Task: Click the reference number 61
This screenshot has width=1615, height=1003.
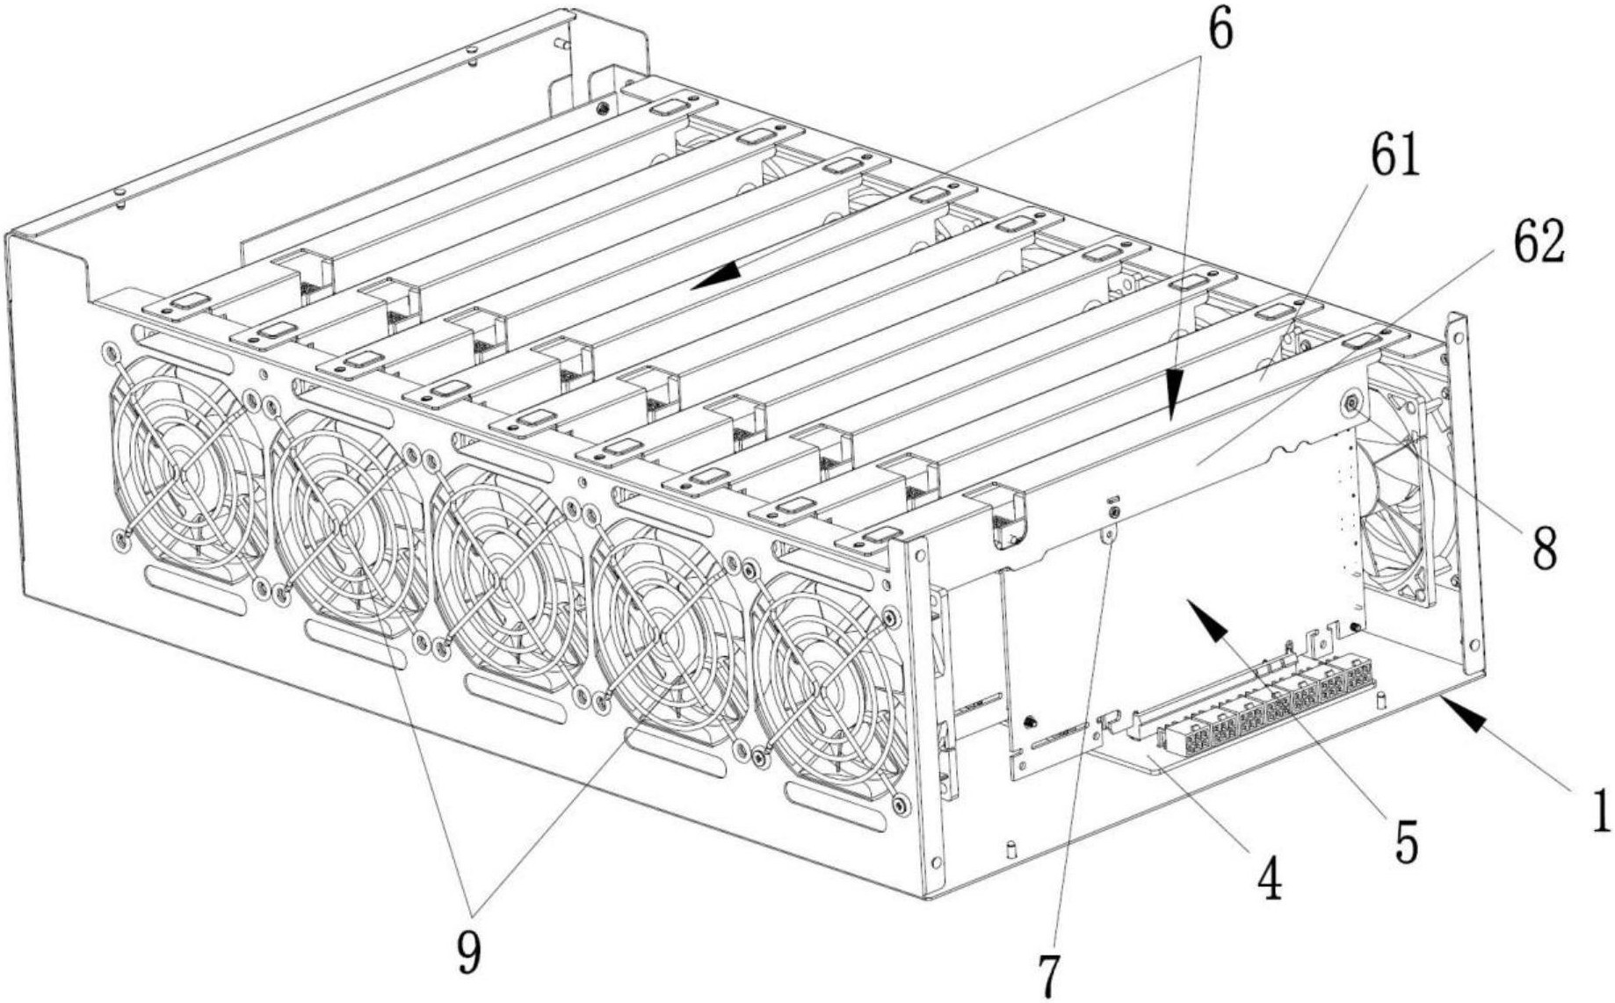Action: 1395,159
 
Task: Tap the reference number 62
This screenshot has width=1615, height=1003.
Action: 1539,243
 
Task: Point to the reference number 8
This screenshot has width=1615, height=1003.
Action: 1544,549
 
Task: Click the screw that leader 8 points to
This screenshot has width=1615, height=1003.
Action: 1350,403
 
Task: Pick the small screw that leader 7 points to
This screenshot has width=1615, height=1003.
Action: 1115,511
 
